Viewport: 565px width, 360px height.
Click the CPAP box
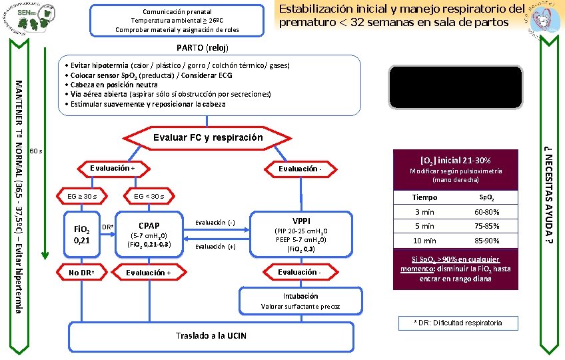pos(149,233)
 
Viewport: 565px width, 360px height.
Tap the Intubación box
pos(300,301)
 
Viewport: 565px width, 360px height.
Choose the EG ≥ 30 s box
pos(82,196)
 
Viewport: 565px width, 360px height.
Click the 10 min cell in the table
pos(424,241)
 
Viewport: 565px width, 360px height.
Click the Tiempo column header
pos(424,198)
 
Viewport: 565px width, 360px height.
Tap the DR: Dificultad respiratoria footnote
pos(458,323)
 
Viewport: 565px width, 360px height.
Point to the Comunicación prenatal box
pos(177,20)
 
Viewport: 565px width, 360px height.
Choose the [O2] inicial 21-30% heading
pos(456,161)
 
